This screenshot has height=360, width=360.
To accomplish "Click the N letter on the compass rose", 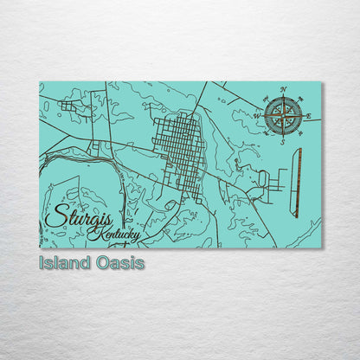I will (285, 90).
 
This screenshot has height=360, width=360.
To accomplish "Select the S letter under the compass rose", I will (282, 143).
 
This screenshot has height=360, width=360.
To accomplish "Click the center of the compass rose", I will (283, 116).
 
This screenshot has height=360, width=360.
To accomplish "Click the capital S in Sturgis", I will (54, 216).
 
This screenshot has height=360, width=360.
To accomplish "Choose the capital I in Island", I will (41, 262).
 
